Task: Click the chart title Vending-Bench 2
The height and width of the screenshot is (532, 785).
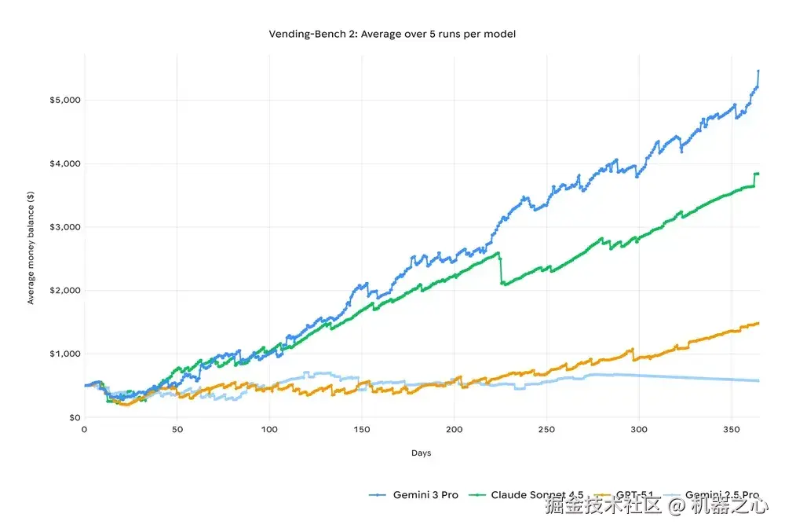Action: coord(392,34)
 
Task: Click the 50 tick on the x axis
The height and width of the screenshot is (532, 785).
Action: coord(177,430)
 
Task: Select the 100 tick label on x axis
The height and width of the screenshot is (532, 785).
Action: coord(269,430)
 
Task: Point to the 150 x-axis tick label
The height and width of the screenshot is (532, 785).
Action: coord(362,430)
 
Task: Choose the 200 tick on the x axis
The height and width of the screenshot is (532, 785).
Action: coord(454,430)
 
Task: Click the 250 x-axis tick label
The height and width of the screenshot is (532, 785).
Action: coord(546,430)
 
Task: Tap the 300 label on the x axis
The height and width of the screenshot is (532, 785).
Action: coord(639,430)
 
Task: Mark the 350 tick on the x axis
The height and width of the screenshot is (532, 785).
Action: coord(731,430)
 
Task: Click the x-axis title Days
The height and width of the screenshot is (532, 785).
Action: coord(421,453)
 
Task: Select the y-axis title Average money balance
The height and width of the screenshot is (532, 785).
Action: coord(31,259)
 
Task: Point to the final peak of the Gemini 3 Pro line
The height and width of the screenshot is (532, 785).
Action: coord(758,71)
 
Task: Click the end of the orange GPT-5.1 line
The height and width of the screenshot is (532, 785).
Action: coord(758,323)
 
